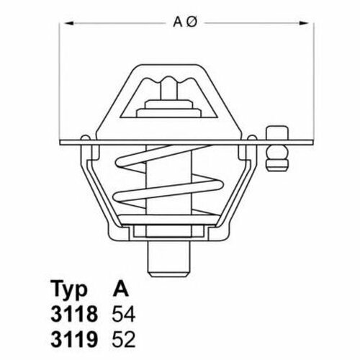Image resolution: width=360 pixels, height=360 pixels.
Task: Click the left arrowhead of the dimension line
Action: pos(69,23)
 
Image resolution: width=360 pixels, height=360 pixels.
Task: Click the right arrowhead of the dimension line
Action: pos(304,23)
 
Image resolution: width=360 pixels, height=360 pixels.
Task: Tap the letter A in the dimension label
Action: pos(178,22)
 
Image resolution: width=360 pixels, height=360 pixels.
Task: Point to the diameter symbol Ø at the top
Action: pos(192,22)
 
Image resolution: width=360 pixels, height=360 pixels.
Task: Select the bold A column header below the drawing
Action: pos(121,289)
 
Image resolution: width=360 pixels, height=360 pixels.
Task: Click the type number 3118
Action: pos(74,314)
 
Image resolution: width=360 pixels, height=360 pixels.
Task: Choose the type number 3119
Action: pos(74,339)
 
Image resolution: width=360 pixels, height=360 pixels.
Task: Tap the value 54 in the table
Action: pos(124,314)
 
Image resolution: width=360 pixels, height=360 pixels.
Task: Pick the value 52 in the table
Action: pos(124,339)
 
